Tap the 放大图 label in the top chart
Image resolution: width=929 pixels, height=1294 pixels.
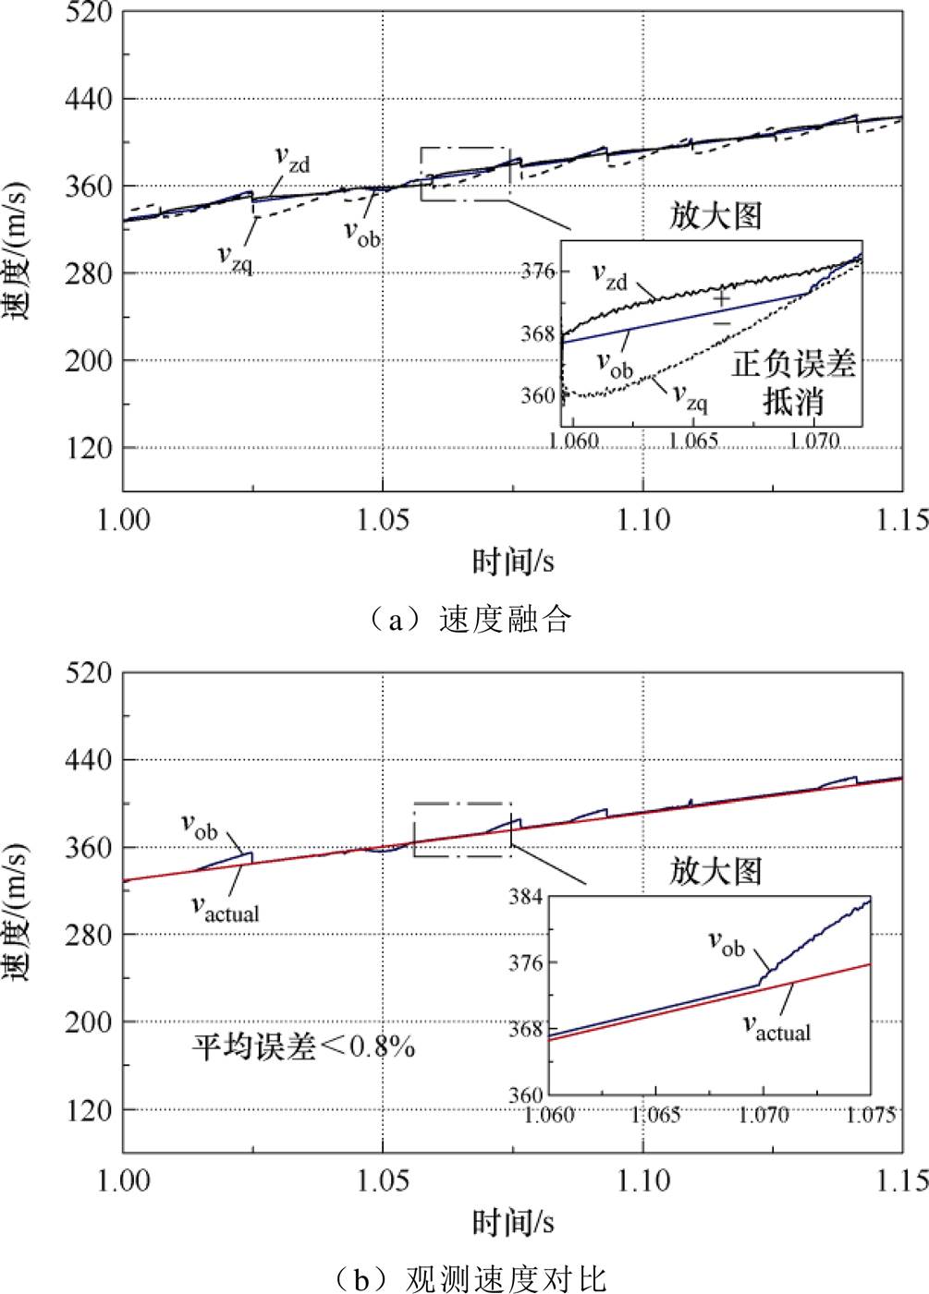[715, 215]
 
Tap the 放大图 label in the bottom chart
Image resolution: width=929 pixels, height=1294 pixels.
[715, 870]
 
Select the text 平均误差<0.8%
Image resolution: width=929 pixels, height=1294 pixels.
[303, 1046]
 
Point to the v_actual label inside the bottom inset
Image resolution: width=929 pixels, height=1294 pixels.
[777, 1028]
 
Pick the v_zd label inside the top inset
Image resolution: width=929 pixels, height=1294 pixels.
[610, 276]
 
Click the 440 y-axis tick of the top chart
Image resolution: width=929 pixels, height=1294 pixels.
[89, 99]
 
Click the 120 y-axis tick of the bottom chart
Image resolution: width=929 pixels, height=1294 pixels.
[89, 1109]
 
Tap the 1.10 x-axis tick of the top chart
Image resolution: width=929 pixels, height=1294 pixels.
[643, 520]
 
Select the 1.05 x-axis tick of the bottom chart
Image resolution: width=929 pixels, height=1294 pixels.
[383, 1180]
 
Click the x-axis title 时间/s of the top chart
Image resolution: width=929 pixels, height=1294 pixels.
[513, 562]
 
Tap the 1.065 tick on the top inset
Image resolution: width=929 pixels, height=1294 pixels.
[693, 440]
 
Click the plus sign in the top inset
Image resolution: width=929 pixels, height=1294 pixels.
[721, 297]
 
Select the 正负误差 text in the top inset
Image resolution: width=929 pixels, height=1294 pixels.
[794, 364]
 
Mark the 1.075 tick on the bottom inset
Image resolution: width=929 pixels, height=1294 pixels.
[871, 1115]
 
